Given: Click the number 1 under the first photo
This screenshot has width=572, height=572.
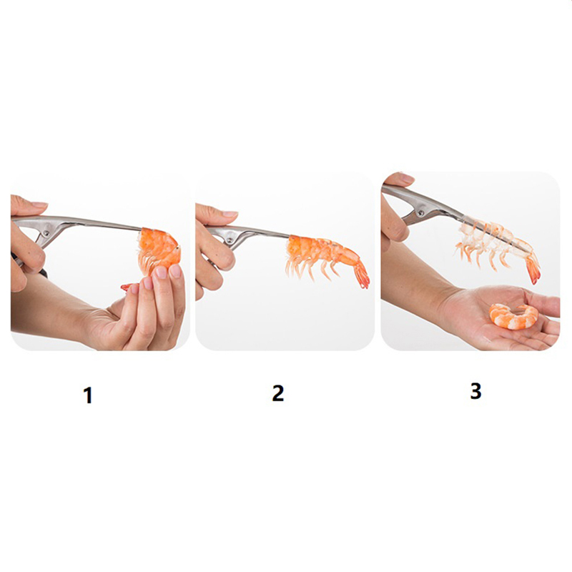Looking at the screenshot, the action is click(87, 395).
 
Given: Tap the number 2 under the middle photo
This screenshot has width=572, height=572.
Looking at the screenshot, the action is click(277, 393).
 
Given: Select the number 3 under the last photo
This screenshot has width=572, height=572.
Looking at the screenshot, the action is click(475, 390).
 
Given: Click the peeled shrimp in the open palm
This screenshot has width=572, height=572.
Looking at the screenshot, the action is click(513, 317).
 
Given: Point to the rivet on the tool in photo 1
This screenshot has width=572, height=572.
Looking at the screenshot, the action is click(46, 233).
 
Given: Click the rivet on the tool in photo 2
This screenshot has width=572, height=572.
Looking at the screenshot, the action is click(230, 240).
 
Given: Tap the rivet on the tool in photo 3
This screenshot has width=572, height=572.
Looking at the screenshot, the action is click(423, 212).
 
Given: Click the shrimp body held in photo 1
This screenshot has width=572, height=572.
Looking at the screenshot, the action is click(159, 249).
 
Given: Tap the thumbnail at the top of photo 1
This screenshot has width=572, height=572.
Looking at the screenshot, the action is click(39, 204).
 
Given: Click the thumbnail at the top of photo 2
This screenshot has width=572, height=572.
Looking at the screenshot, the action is click(230, 214).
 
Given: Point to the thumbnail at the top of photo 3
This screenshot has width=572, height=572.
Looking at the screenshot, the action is click(406, 178).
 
